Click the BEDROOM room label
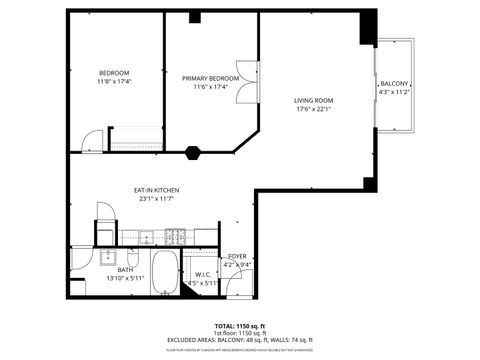tap(114, 73)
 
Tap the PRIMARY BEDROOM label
tap(210, 77)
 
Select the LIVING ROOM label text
tap(313, 100)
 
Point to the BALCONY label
tap(394, 83)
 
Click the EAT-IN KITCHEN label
tap(157, 189)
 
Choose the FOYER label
tap(237, 256)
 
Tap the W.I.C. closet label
tap(201, 274)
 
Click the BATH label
tap(125, 269)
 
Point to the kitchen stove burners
tap(176, 238)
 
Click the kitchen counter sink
tap(146, 238)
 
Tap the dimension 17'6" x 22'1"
tap(313, 110)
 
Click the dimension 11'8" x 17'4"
tap(114, 83)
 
